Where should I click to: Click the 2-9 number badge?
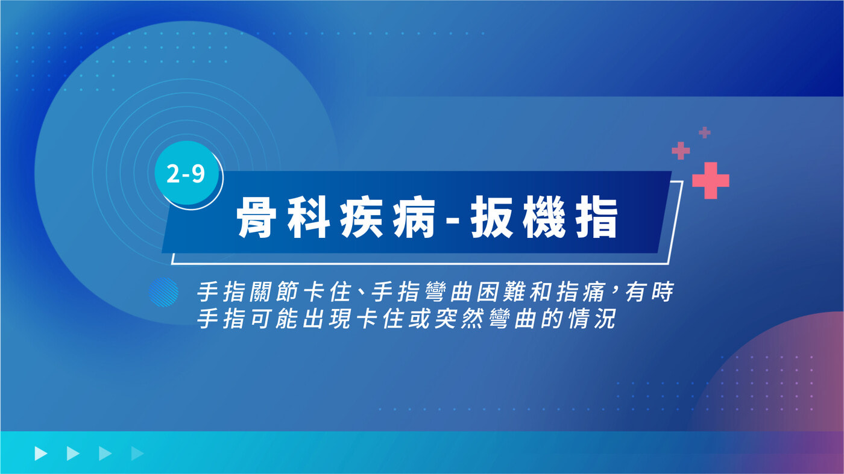coord(186,173)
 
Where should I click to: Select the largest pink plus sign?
coord(711,180)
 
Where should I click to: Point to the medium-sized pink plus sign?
coord(681,151)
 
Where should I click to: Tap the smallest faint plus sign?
coord(705,133)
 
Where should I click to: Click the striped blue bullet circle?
coord(163,292)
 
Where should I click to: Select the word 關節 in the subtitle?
coord(275,292)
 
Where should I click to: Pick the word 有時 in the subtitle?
coord(649,292)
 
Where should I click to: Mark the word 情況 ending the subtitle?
coord(591,319)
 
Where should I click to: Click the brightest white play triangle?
coord(41,454)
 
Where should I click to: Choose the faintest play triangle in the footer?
coord(137,454)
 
